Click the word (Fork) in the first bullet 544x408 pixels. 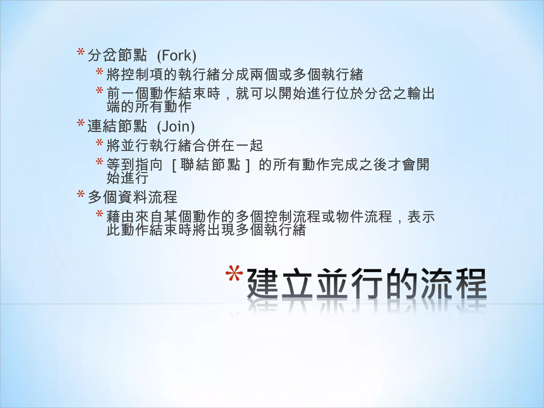point(177,56)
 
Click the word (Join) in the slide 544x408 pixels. point(176,126)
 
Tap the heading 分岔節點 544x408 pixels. point(117,56)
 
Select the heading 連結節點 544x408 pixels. point(117,126)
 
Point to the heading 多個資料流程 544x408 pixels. point(132,197)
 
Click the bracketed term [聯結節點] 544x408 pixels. point(210,165)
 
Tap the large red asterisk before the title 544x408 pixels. point(234,274)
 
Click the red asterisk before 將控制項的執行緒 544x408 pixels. point(100,72)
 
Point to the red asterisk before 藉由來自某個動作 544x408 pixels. point(100,214)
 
